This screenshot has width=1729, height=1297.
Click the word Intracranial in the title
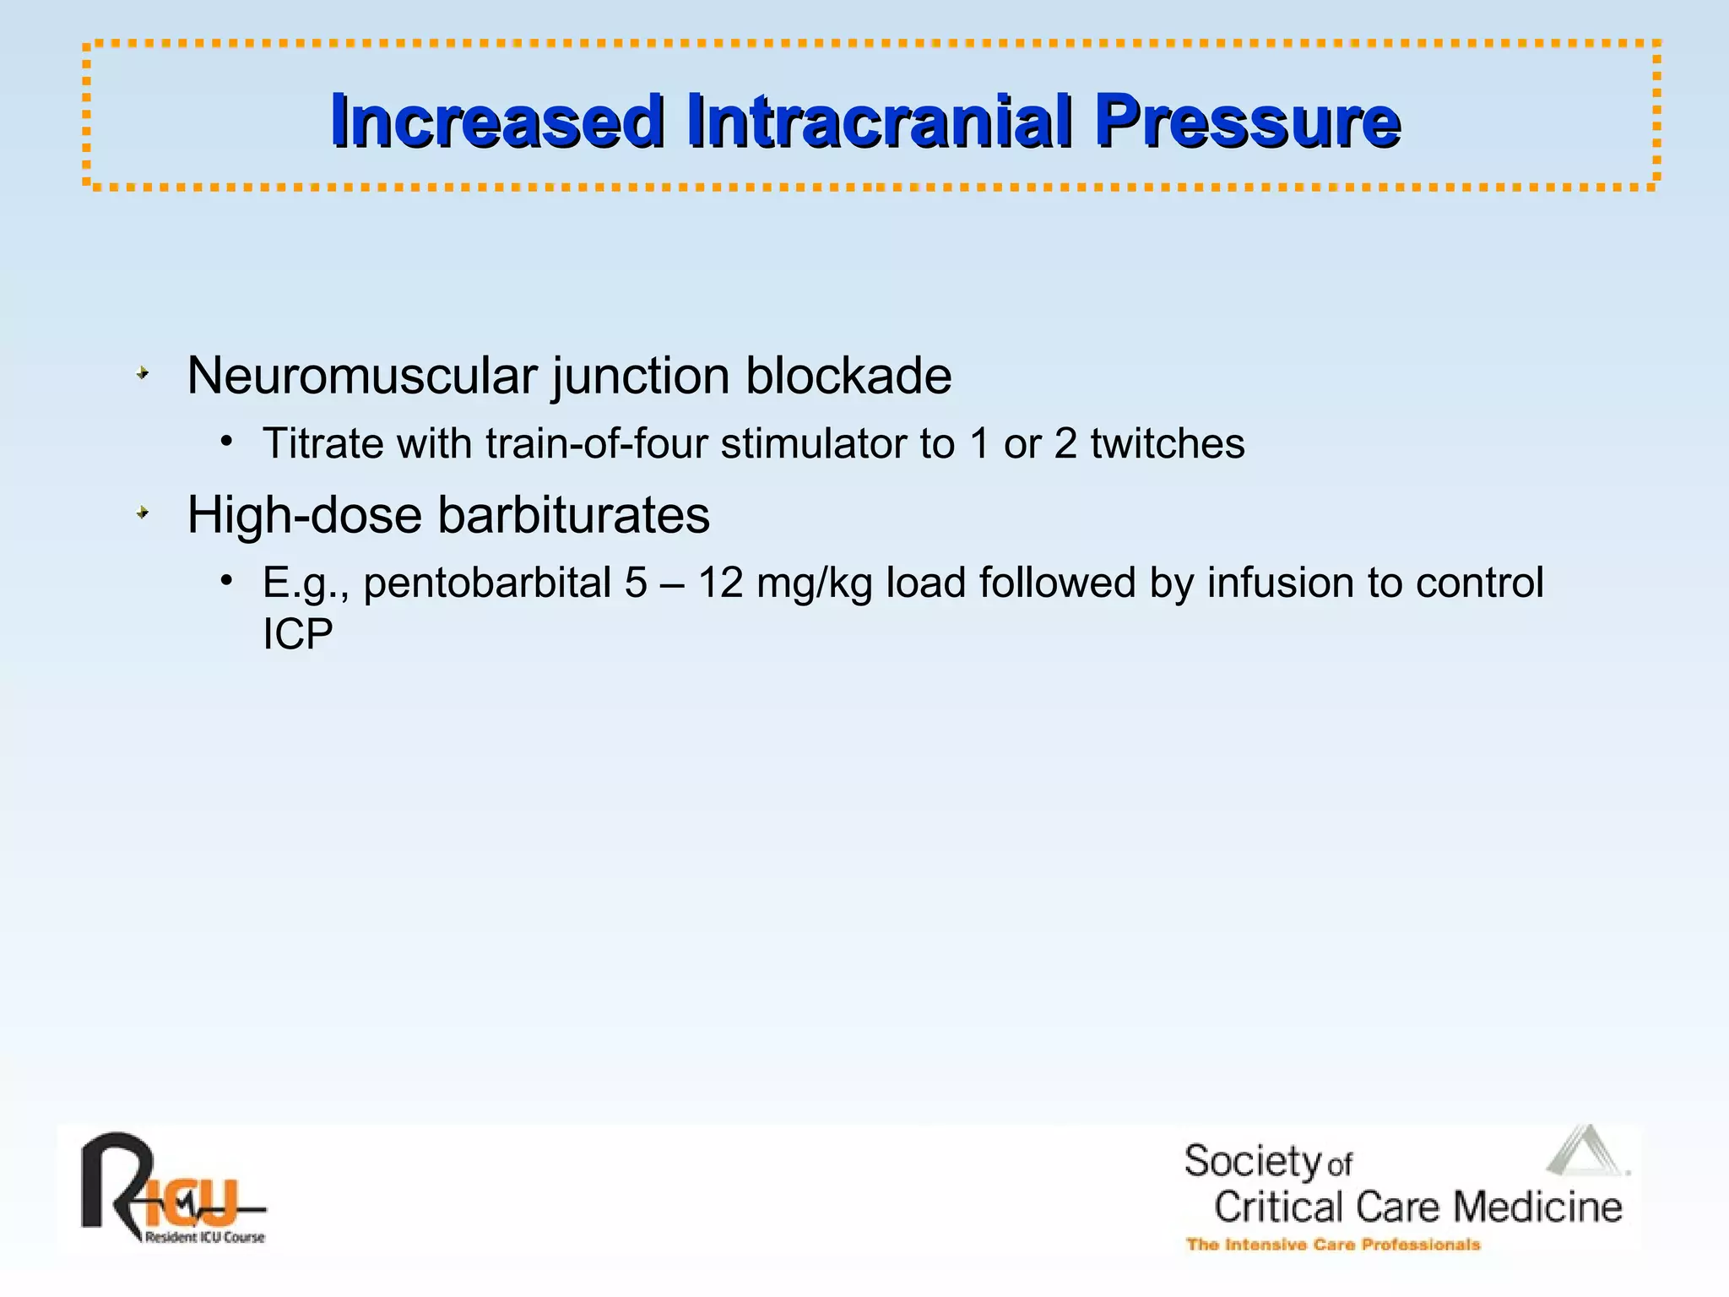pyautogui.click(x=880, y=122)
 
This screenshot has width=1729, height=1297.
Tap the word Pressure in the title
pyautogui.click(x=1247, y=122)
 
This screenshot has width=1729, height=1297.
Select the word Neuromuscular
pyautogui.click(x=362, y=376)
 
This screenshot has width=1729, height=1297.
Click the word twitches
pyautogui.click(x=1167, y=444)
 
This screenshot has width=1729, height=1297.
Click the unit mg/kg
pyautogui.click(x=814, y=583)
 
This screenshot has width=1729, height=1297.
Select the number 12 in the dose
pyautogui.click(x=720, y=583)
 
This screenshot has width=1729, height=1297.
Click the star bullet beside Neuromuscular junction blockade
pyautogui.click(x=143, y=372)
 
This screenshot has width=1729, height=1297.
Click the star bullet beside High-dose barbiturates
pyautogui.click(x=143, y=513)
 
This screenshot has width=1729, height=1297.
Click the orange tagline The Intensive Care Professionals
pyautogui.click(x=1333, y=1245)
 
